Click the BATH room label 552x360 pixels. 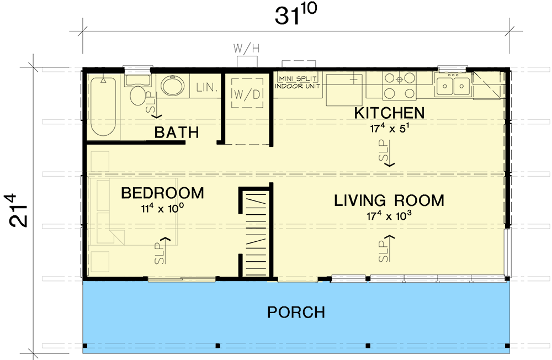tap(177, 133)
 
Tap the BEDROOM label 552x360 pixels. tap(163, 193)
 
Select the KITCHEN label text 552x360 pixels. tap(389, 113)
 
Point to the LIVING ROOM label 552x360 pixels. tap(389, 200)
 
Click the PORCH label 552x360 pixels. tap(296, 313)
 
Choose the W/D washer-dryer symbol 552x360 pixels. tap(247, 93)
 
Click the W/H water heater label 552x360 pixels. tap(246, 49)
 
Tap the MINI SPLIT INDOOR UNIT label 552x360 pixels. tap(298, 82)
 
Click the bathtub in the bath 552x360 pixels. tap(103, 107)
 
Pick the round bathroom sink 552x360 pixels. tap(172, 85)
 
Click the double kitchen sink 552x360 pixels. tap(453, 85)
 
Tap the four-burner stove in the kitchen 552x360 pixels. tap(399, 86)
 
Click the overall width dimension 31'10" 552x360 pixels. tap(296, 15)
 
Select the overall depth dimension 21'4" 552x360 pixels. tap(17, 210)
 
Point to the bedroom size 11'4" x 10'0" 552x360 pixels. tap(163, 208)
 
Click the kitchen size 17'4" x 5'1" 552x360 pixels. tap(389, 128)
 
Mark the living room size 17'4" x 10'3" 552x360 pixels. tap(389, 215)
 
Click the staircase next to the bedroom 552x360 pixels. tap(256, 234)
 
